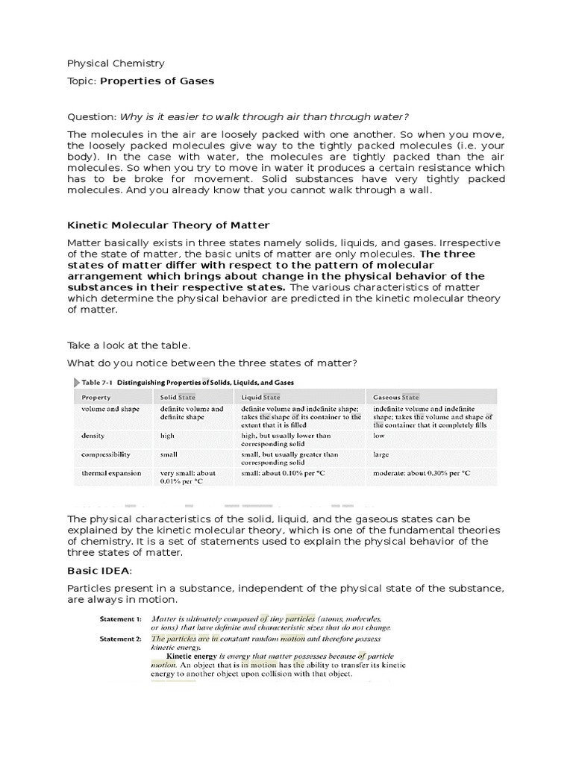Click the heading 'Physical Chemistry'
[116, 63]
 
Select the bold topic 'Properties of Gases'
[157, 81]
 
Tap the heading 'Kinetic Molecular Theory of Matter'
[169, 225]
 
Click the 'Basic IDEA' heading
[98, 571]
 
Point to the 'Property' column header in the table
[96, 398]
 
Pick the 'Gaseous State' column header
[398, 398]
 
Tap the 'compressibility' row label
[106, 454]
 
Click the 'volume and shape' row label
[109, 409]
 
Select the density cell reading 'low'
[378, 435]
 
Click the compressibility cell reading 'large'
[381, 454]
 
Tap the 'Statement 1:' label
[121, 619]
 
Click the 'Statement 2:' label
[121, 639]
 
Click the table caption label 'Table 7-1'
[98, 382]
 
